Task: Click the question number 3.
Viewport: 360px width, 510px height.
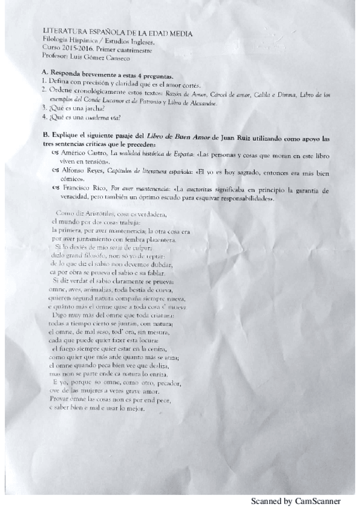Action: coord(44,108)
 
